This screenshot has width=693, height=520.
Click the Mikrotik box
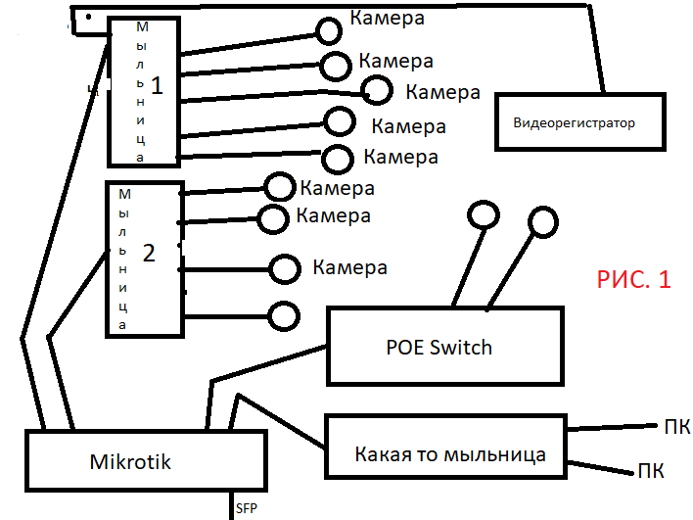(144, 460)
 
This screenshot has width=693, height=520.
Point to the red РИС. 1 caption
(633, 279)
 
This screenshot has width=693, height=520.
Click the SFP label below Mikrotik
(247, 508)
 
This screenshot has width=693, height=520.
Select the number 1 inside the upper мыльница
(158, 84)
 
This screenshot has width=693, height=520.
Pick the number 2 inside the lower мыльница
(149, 254)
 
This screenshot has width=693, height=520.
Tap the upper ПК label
(676, 427)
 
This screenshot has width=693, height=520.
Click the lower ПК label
(652, 471)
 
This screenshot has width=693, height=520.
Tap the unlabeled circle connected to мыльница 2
(284, 315)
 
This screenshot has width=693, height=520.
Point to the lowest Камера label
(349, 267)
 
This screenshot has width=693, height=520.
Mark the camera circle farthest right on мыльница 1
(377, 90)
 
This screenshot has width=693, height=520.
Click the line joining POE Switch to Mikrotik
(264, 362)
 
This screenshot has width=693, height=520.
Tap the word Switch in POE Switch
(461, 347)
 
